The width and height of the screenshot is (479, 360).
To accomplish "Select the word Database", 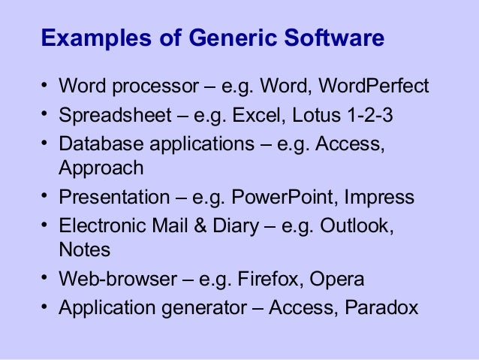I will [x=96, y=144].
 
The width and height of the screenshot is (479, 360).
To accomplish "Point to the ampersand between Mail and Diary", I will [x=203, y=226].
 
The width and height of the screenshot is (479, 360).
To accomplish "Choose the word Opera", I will [x=340, y=280].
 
